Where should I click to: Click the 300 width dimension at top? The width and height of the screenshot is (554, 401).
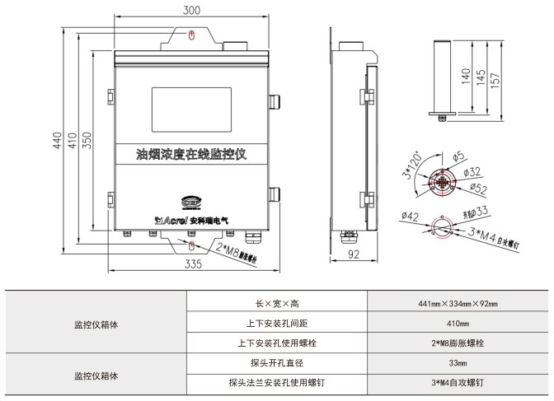pos(192,11)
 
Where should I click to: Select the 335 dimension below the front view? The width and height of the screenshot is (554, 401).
pos(193,264)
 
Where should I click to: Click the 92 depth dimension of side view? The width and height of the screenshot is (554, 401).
pos(355,256)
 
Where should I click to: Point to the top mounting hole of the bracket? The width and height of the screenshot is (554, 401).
pos(191,35)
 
